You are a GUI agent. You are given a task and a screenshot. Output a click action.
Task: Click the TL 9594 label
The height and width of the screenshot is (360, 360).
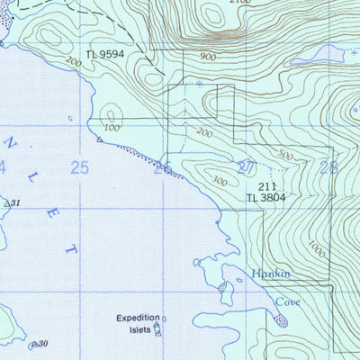pos(104,56)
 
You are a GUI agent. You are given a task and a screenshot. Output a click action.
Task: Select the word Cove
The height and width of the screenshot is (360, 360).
pos(287,302)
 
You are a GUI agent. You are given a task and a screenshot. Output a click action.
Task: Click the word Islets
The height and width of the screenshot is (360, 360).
pos(137,329)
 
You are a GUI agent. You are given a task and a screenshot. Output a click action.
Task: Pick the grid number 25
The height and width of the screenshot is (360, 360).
pos(79,167)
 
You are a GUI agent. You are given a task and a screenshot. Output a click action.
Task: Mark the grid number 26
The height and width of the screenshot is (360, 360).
pos(163,167)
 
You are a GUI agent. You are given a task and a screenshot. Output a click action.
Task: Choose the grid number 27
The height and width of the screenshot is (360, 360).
pos(246,167)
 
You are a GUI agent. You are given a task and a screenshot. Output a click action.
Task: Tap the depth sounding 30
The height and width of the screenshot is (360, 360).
pos(41,343)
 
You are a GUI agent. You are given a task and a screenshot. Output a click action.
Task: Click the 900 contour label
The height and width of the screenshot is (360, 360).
pos(209,57)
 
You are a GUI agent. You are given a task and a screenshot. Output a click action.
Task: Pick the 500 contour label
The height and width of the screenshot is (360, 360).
pos(285,156)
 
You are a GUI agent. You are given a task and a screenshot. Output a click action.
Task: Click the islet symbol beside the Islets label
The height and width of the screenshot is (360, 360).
pos(158,329)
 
